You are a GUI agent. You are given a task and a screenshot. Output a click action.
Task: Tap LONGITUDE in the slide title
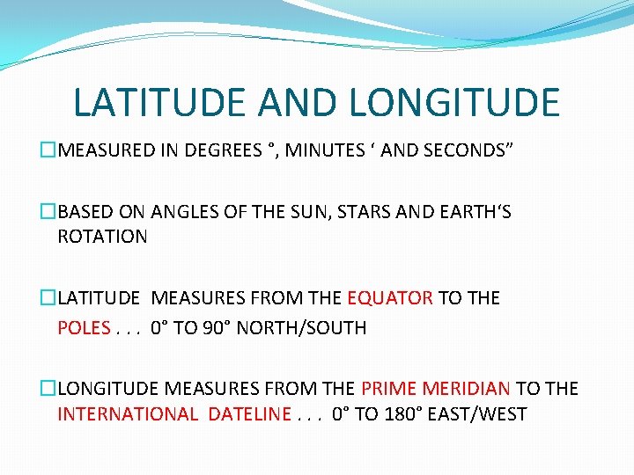[x=454, y=103]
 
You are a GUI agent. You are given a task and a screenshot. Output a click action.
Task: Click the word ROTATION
[x=102, y=237]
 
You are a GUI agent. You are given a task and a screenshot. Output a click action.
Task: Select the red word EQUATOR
[x=390, y=298]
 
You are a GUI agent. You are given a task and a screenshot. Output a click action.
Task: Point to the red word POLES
[x=84, y=328]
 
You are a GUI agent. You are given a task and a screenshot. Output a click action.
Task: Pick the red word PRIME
[x=388, y=388]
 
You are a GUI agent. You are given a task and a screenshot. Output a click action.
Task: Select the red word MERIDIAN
[x=467, y=388]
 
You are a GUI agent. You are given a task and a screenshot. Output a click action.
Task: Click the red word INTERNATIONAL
[x=128, y=414]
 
